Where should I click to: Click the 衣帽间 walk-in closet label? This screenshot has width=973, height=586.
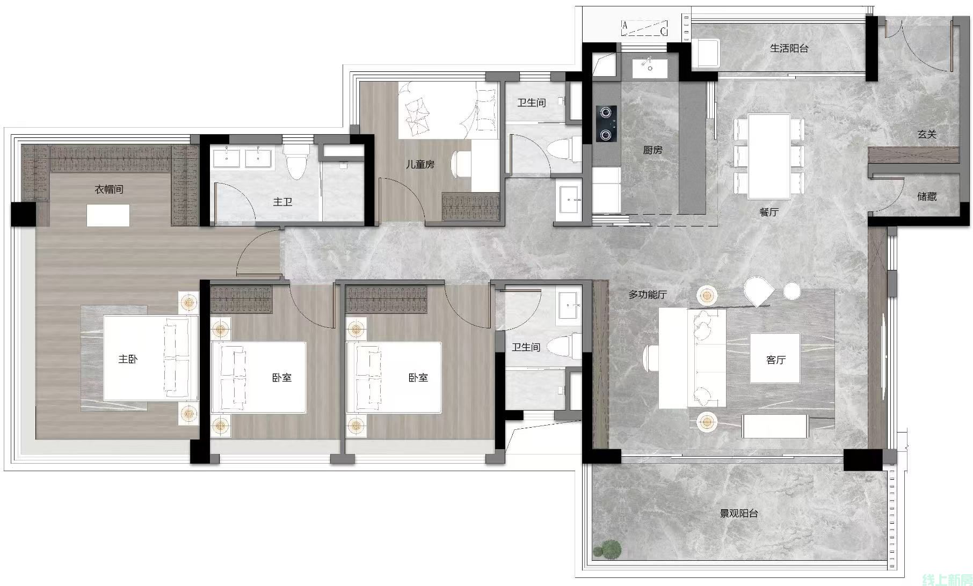pos(109,189)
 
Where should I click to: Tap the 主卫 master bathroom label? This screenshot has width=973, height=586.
pos(282,202)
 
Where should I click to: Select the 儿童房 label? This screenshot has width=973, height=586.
pos(420,164)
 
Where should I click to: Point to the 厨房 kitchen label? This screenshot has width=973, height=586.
pos(652,150)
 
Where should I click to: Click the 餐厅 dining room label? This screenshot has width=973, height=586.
pos(769,212)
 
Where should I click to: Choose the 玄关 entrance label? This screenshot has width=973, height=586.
pos(927,134)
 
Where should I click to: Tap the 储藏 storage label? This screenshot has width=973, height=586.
pos(927,196)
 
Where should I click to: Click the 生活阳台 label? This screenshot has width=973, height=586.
pos(789,48)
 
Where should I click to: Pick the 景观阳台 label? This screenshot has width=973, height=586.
pos(739,513)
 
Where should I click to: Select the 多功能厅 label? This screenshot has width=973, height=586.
pos(648,295)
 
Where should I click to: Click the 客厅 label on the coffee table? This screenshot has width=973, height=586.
pos(776,360)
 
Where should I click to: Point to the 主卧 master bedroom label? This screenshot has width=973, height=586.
pos(128,359)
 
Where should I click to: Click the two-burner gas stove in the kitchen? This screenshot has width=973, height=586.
pos(606,123)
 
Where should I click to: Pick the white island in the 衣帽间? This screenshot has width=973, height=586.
pos(108,215)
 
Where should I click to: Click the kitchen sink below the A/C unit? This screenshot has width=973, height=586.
pos(650,68)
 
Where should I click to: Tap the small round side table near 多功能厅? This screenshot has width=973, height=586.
pos(792,291)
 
